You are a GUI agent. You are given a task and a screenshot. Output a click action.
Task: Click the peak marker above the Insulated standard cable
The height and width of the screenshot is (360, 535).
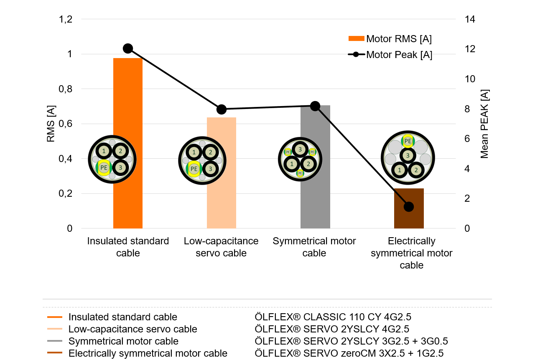pos(128,48)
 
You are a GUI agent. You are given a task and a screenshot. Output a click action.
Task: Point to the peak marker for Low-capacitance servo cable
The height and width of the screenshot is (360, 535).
pos(222,109)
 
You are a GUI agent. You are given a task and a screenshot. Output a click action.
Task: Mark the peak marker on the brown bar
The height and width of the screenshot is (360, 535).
pos(409,207)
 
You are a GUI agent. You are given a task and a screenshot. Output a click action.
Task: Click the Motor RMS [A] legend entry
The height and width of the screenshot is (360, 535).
pos(390,39)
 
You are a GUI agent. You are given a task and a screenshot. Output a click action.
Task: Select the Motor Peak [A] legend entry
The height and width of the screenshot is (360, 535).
pos(390,55)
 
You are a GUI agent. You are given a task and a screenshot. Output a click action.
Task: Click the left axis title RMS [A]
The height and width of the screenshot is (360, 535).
pos(51,124)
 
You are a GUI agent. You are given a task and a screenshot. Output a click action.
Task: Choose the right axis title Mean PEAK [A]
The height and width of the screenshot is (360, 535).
pos(484,124)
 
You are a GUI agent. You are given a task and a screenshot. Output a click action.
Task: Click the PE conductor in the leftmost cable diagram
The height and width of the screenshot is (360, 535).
pos(104,168)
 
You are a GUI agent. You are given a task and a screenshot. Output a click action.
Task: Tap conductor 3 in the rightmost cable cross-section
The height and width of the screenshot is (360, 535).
pos(408,155)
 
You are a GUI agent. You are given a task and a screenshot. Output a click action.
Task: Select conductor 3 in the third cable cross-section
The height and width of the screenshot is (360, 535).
pos(299,150)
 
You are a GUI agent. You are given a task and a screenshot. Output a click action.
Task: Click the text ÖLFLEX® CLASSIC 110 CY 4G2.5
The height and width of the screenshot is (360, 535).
pos(336,317)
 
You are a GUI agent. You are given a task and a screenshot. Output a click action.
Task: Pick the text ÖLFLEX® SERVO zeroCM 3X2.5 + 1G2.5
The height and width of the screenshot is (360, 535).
pos(349,353)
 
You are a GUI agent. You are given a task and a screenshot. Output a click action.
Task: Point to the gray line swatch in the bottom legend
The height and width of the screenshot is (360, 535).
pos(55,341)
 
